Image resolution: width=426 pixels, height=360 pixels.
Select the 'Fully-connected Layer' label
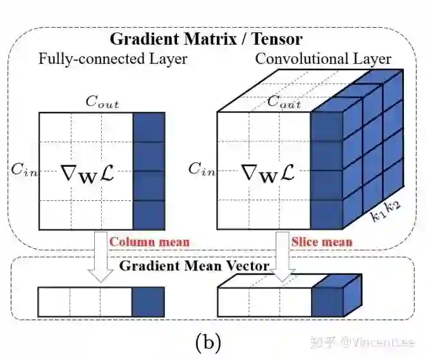[113, 59]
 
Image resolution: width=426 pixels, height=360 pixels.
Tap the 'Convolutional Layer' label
[323, 59]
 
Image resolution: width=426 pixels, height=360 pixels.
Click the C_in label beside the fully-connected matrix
[23, 169]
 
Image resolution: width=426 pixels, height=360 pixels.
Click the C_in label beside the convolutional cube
[200, 169]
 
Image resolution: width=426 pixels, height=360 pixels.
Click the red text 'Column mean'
[149, 241]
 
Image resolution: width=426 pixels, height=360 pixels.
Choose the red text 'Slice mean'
[322, 241]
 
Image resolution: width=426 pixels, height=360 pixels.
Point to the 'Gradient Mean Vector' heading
[195, 266]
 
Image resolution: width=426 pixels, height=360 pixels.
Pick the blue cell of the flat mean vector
[149, 301]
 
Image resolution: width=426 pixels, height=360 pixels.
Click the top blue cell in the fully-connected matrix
[149, 127]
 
